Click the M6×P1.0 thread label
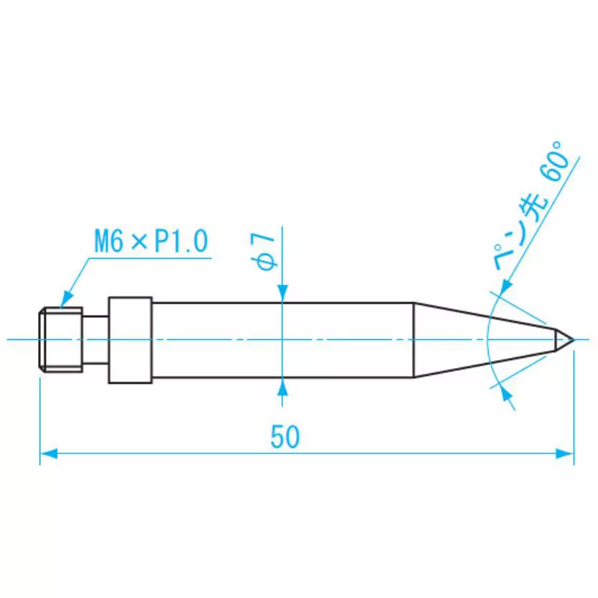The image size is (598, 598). (x=150, y=240)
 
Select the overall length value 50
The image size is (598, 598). (x=285, y=437)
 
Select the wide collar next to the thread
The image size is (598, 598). (x=130, y=339)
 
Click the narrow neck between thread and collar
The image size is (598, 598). (x=96, y=339)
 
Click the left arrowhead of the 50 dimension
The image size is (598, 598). (x=48, y=454)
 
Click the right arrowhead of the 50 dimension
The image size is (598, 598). (x=566, y=454)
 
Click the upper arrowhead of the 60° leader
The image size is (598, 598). (x=503, y=287)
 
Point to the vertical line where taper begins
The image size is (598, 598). (x=414, y=339)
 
